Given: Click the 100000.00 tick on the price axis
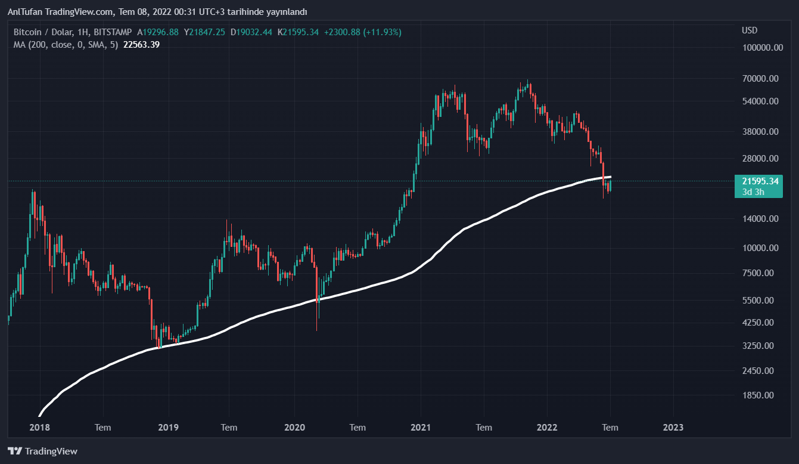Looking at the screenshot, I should (x=762, y=48).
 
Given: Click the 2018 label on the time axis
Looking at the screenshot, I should (x=39, y=427).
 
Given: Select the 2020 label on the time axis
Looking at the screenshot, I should (x=294, y=427).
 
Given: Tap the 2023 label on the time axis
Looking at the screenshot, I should (x=673, y=427).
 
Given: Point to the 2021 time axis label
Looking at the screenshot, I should (x=421, y=427).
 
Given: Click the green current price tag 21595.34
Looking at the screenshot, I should (x=757, y=181).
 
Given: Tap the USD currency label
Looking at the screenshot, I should (x=749, y=30).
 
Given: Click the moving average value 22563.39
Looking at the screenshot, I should (x=141, y=44).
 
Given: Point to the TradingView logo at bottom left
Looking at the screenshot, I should (x=42, y=451).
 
